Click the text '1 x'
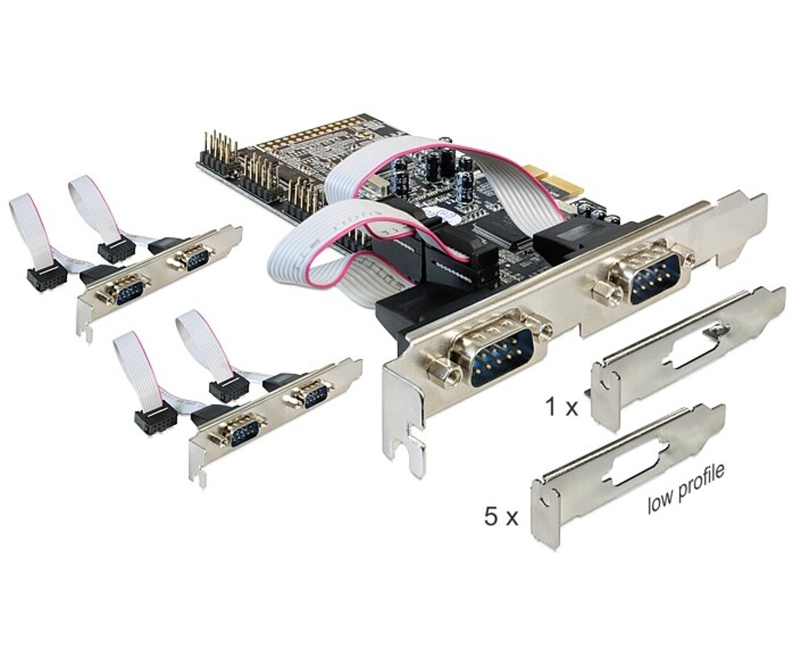pyautogui.click(x=562, y=406)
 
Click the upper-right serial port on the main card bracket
pyautogui.click(x=653, y=277)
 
